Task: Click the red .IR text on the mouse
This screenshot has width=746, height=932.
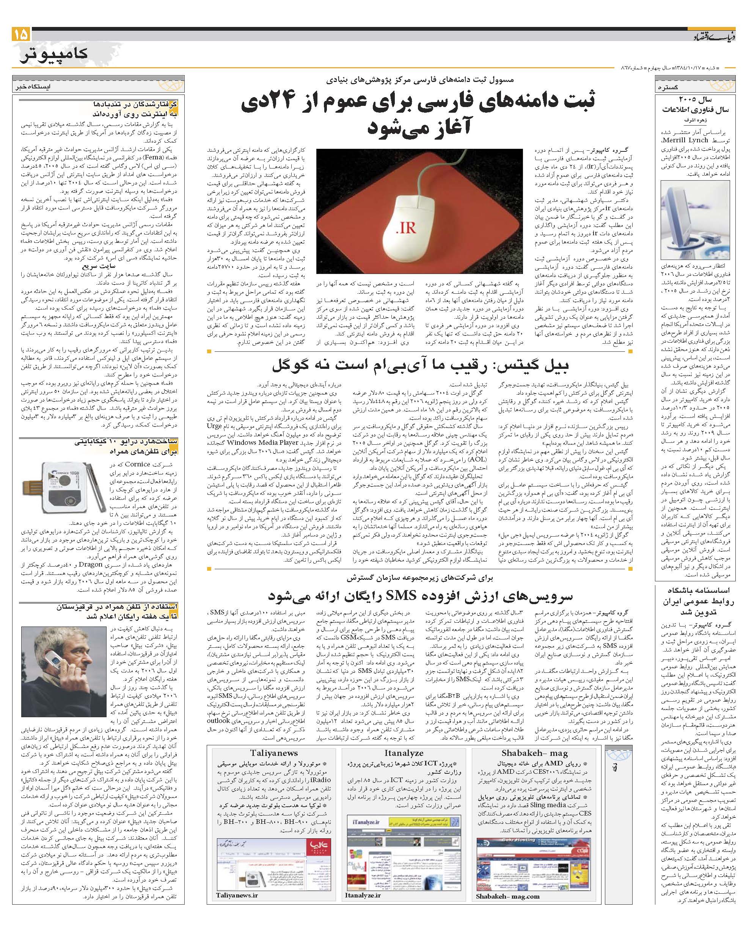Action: (x=405, y=228)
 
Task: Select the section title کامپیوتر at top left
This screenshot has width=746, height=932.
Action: (x=54, y=54)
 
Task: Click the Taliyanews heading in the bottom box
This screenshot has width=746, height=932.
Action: (x=274, y=753)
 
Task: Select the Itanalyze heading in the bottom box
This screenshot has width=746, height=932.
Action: (x=404, y=753)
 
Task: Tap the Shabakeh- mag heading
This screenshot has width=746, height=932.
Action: (x=534, y=753)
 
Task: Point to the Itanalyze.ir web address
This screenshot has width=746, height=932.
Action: (x=363, y=895)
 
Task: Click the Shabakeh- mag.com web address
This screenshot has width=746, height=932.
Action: (x=507, y=896)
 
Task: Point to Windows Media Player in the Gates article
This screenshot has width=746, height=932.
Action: (x=262, y=442)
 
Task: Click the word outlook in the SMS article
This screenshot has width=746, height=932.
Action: (x=218, y=721)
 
